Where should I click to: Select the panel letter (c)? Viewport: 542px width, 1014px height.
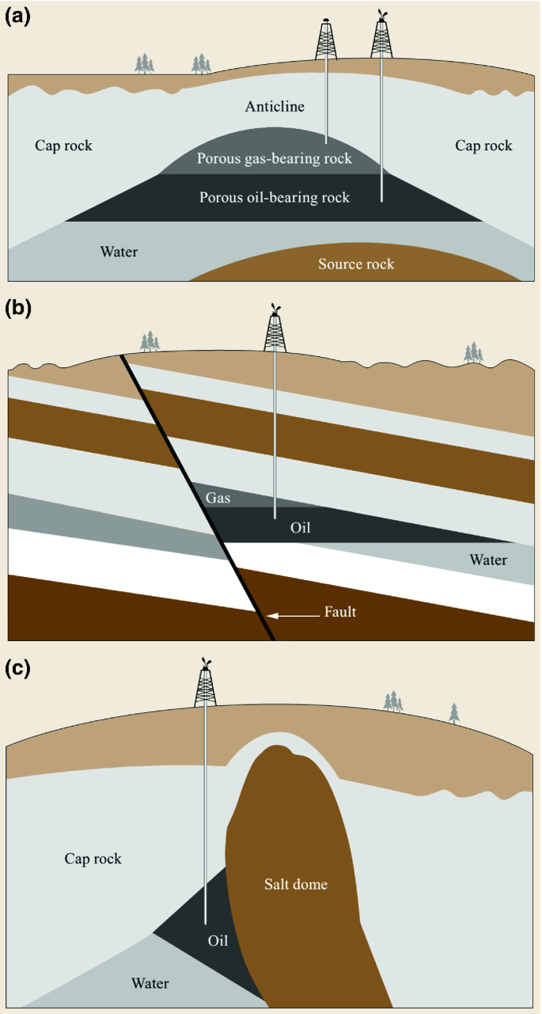[x=17, y=668]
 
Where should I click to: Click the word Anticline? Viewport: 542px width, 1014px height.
[x=275, y=106]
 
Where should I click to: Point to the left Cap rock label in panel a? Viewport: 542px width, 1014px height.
[x=63, y=146]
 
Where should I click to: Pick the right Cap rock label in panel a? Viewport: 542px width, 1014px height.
[x=483, y=146]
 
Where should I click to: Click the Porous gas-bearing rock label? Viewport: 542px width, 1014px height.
[x=275, y=158]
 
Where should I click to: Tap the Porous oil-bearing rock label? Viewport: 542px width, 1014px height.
[x=275, y=197]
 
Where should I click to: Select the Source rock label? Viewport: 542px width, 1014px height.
[x=356, y=264]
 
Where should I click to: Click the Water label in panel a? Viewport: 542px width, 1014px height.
[x=119, y=252]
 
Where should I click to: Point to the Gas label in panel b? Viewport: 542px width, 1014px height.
[x=218, y=498]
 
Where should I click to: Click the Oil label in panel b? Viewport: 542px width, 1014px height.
[x=301, y=528]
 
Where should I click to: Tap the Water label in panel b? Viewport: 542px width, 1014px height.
[x=488, y=560]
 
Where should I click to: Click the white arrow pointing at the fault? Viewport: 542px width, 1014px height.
[x=293, y=616]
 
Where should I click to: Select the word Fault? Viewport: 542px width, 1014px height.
[x=340, y=612]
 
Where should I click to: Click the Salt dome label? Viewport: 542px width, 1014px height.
[x=296, y=884]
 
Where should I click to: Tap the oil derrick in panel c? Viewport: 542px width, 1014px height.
[x=206, y=682]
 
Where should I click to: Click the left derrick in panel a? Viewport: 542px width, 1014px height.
[x=326, y=39]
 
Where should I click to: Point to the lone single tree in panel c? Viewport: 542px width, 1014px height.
[x=454, y=713]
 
